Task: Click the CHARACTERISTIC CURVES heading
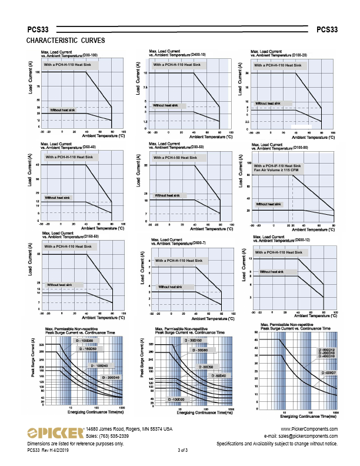pyautogui.click(x=66, y=41)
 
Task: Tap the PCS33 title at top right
pyautogui.click(x=327, y=29)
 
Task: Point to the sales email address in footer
pyautogui.click(x=301, y=437)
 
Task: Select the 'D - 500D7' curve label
pyautogui.click(x=329, y=372)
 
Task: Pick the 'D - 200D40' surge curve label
pyautogui.click(x=111, y=377)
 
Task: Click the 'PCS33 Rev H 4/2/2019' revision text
pyautogui.click(x=48, y=450)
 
